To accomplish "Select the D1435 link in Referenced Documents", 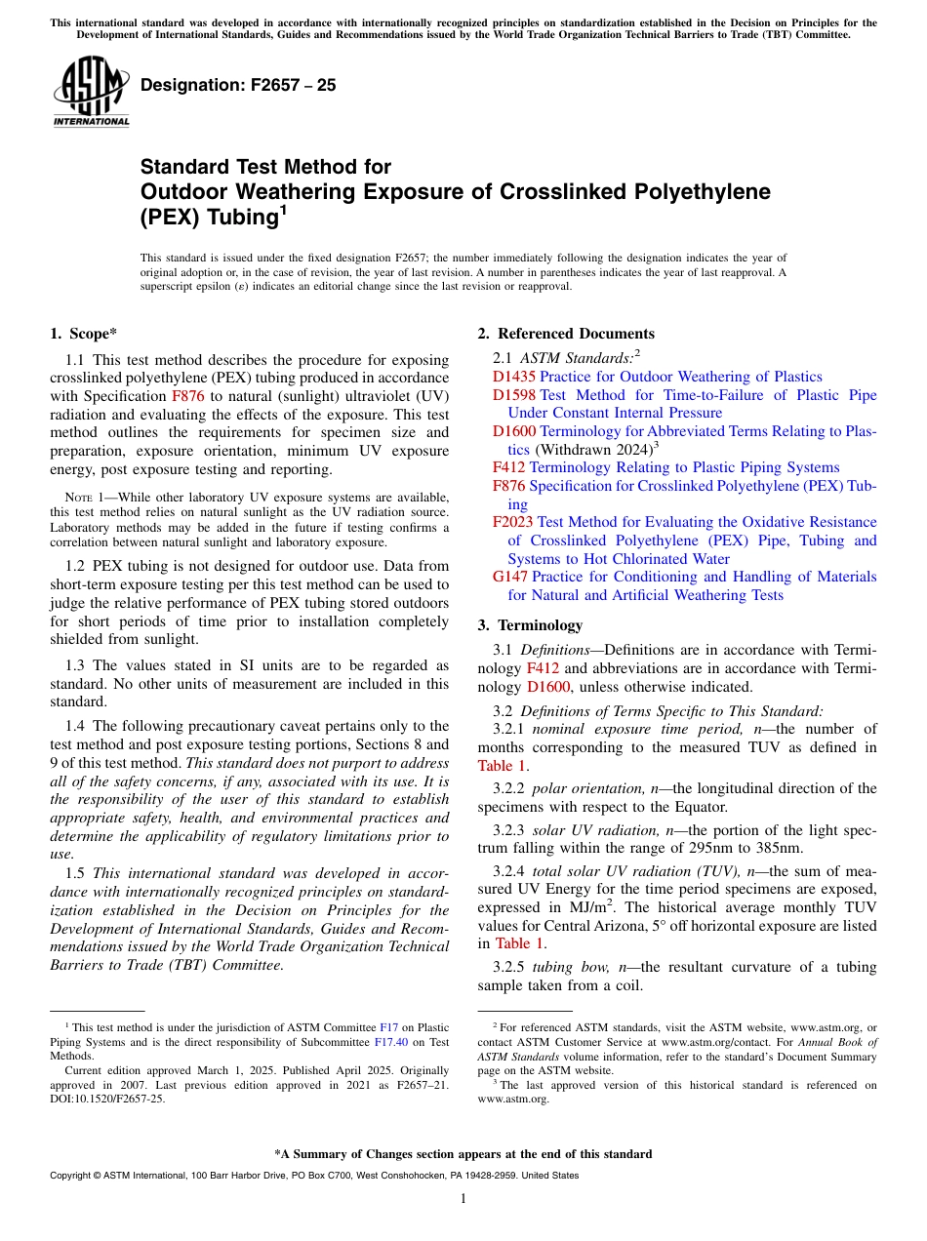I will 513,377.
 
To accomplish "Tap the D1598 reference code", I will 513,395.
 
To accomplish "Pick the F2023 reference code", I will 513,523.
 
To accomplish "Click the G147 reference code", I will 511,577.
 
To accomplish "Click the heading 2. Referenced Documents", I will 566,334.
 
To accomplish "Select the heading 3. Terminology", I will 540,625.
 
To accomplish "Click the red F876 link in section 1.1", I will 188,396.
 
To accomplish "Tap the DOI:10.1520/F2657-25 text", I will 107,1098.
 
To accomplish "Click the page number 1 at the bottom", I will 463,1198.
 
